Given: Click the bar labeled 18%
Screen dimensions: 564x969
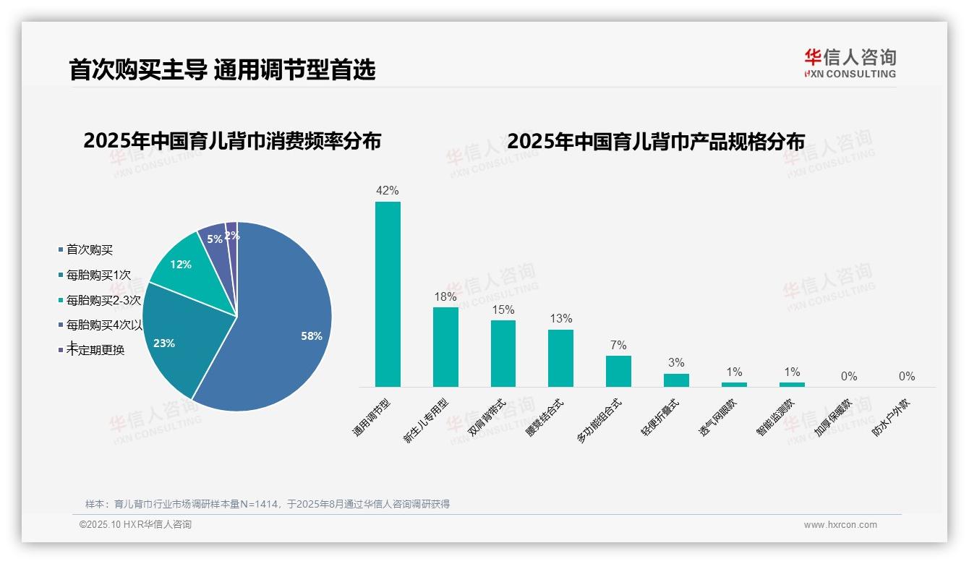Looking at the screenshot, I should (x=445, y=347).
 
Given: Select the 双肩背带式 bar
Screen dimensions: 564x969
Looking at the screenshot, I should (x=503, y=354).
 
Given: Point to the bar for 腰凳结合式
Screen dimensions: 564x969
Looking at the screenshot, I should (x=560, y=358).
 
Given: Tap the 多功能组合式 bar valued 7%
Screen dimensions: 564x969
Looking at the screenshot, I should (x=618, y=371).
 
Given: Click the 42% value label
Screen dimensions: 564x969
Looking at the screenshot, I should (x=388, y=191).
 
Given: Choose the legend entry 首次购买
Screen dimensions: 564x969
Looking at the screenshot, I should (x=90, y=250).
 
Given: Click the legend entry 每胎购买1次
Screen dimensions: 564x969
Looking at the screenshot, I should (x=98, y=275).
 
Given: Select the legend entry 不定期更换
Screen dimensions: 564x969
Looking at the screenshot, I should (x=95, y=351).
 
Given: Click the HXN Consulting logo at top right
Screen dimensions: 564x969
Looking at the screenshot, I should (x=850, y=64).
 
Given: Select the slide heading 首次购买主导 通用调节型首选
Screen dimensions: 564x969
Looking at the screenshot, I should (x=222, y=69).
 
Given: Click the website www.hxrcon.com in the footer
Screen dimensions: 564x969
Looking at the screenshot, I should (x=840, y=525).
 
